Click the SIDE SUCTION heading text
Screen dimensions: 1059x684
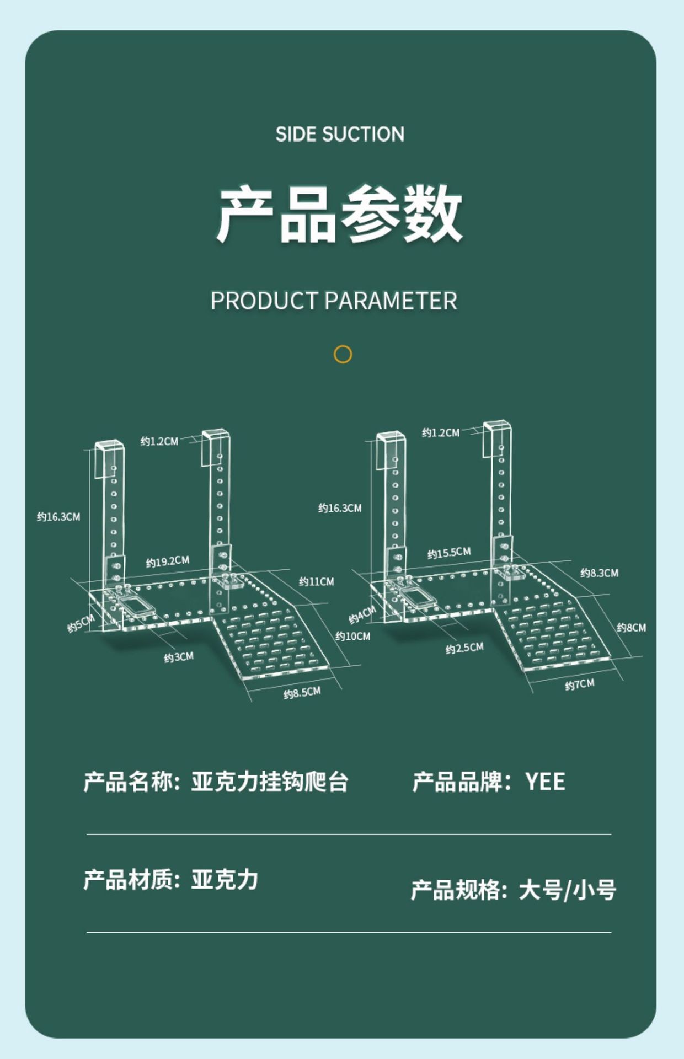[340, 134]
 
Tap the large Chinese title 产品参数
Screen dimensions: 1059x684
[339, 215]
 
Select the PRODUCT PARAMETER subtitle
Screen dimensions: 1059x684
[334, 301]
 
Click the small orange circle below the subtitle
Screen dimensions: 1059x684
[343, 354]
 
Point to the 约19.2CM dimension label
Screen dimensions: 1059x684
[167, 561]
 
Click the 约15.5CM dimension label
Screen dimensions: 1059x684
[449, 553]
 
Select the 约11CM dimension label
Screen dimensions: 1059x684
[316, 581]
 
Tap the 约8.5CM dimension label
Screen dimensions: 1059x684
[302, 693]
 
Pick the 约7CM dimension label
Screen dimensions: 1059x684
[579, 684]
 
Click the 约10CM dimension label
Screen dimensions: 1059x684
[352, 636]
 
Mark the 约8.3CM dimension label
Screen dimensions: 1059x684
[599, 573]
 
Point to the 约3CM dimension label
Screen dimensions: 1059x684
[179, 657]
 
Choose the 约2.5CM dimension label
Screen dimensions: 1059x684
[464, 648]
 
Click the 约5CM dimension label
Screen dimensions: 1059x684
[81, 623]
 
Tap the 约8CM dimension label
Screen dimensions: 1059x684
[631, 627]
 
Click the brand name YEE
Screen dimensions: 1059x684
[545, 782]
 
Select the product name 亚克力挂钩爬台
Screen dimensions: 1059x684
[269, 782]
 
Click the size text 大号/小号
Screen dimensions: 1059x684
[567, 890]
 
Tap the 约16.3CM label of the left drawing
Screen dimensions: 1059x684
[58, 517]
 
